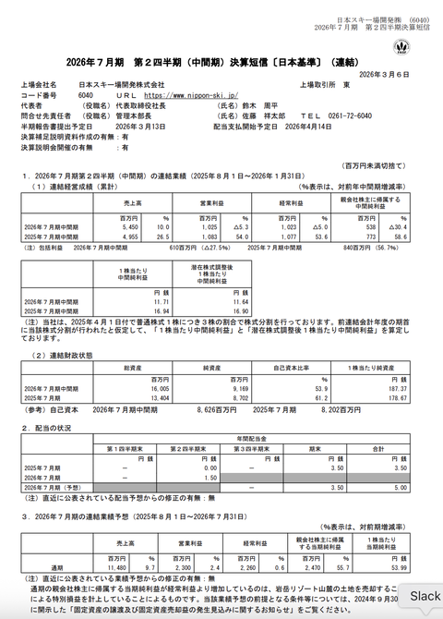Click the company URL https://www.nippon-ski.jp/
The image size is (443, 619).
190,95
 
